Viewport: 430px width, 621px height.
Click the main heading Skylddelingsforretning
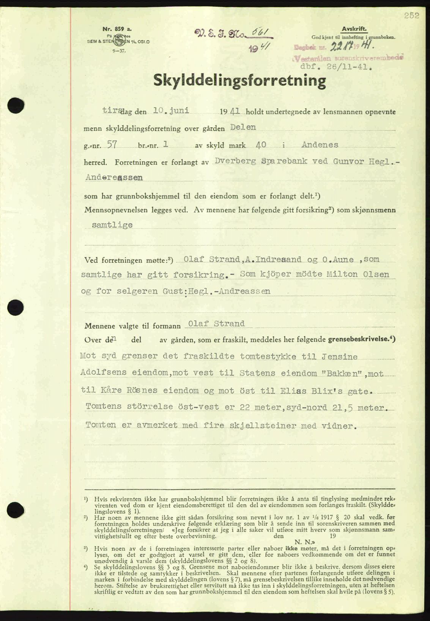239,81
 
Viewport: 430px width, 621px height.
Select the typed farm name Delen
243,127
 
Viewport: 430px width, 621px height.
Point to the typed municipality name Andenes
320,145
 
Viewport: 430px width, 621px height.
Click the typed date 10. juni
171,110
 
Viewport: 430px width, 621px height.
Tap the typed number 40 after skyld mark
261,145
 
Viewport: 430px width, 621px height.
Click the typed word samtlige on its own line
112,225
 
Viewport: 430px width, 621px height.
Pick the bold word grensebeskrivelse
363,339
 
